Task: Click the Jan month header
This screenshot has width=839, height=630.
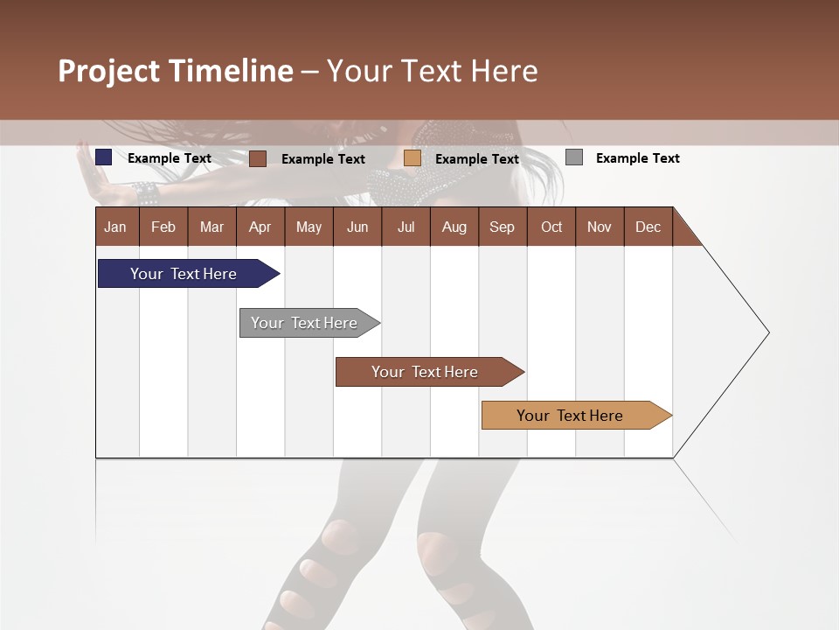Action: tap(116, 227)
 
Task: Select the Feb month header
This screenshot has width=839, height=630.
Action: tap(163, 227)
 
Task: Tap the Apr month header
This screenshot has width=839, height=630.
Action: tap(260, 227)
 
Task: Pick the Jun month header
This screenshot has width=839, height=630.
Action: tap(357, 227)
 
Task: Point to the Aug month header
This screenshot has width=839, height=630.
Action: tap(454, 227)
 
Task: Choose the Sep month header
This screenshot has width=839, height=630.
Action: tap(503, 227)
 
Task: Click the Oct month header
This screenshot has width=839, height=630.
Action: tap(551, 227)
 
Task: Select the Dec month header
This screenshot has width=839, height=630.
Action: tap(648, 227)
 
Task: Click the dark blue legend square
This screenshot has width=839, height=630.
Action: tap(104, 157)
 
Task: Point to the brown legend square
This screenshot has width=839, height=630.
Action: tap(258, 158)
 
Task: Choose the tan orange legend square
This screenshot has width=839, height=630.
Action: tap(413, 158)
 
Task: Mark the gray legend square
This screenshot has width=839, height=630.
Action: tap(574, 157)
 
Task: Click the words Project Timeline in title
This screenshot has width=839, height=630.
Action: tap(176, 71)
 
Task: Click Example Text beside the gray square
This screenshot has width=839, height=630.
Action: tap(638, 158)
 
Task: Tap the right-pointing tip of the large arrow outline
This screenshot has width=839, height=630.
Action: tap(766, 332)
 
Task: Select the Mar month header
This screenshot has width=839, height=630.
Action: tap(211, 227)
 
